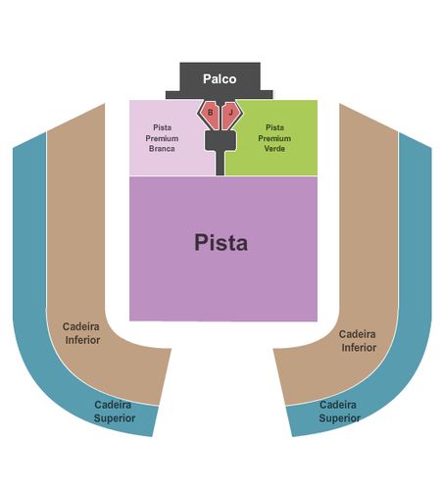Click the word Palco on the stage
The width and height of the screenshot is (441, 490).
[220, 78]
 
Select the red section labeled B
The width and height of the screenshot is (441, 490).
[210, 115]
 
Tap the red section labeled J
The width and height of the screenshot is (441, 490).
[230, 115]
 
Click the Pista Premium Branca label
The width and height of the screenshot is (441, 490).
[162, 138]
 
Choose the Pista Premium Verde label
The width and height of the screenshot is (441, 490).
[274, 138]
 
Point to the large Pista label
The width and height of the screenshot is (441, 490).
[220, 243]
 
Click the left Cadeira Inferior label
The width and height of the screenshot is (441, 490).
[81, 333]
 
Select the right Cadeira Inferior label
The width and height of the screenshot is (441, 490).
[358, 341]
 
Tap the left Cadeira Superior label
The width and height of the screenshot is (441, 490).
[114, 412]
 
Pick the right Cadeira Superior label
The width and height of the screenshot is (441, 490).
[339, 412]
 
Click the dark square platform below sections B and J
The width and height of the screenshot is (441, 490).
[220, 141]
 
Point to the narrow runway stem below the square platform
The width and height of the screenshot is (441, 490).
[220, 163]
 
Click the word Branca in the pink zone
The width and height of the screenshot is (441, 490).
[162, 148]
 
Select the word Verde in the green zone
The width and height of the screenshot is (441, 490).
[274, 148]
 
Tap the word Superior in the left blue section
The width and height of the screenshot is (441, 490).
[115, 418]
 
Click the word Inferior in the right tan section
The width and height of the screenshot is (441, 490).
[359, 348]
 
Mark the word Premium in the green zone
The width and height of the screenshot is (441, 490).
[274, 138]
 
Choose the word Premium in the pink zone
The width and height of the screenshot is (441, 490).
[162, 138]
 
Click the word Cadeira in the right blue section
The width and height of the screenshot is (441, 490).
[338, 405]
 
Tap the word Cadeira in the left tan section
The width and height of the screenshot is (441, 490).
[81, 326]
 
